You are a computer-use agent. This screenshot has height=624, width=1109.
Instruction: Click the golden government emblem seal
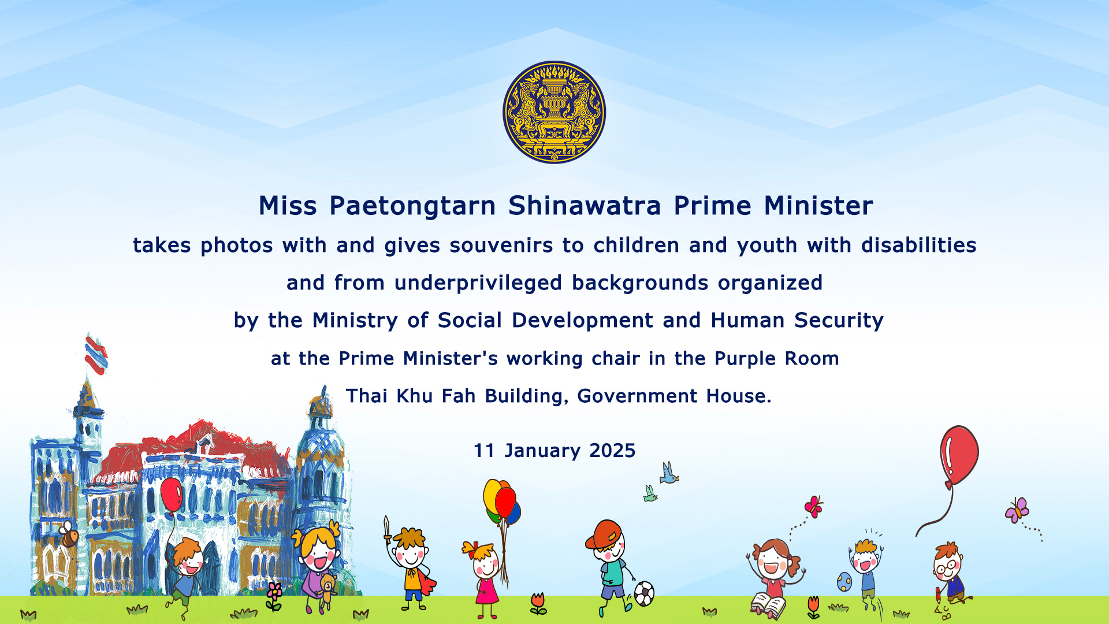(x=554, y=112)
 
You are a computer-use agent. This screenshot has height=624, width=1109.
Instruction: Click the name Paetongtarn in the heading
(x=412, y=206)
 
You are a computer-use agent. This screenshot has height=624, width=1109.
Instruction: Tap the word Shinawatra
(x=585, y=206)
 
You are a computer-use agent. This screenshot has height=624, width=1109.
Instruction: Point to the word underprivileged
(x=478, y=284)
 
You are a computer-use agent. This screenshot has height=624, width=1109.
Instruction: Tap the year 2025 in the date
(x=612, y=451)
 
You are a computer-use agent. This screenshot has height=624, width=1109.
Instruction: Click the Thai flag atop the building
(x=96, y=354)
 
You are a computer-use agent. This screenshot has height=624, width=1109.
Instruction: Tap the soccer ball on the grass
(x=644, y=593)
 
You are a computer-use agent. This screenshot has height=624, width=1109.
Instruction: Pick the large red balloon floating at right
(x=959, y=455)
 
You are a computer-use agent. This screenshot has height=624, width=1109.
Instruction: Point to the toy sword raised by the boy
(x=388, y=530)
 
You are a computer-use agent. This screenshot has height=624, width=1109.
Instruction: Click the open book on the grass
(x=768, y=606)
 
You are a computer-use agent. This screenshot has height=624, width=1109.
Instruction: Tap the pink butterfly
(x=813, y=506)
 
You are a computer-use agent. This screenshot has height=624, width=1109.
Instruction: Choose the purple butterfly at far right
(x=1017, y=510)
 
